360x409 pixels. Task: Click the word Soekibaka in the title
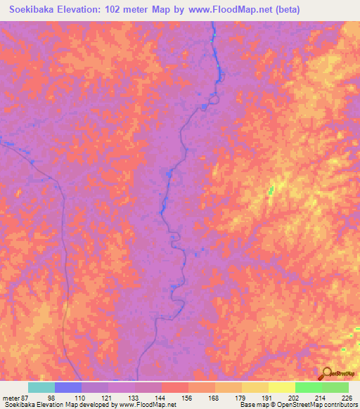[36, 10]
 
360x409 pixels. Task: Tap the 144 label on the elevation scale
[162, 398]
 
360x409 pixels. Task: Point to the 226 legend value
[346, 398]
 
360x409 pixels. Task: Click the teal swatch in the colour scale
[41, 387]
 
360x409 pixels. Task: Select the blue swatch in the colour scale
[68, 387]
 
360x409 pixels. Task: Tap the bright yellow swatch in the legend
[282, 387]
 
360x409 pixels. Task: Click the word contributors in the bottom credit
[337, 405]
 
